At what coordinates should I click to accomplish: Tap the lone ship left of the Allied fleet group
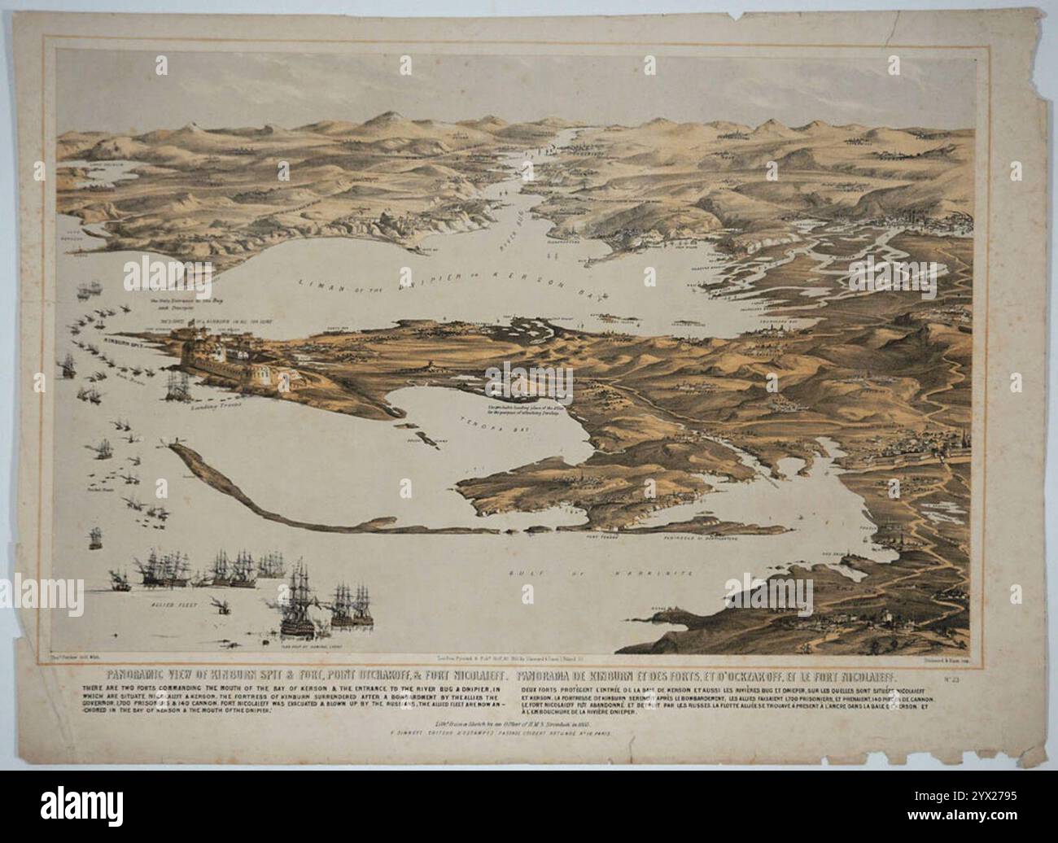click(x=118, y=579)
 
